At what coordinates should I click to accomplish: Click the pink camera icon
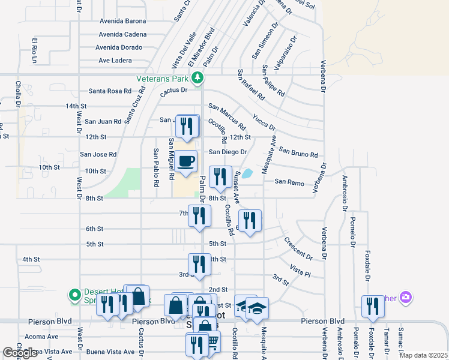point(406,297)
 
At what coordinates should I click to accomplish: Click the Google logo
point(19,353)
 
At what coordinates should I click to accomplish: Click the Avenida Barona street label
point(123,21)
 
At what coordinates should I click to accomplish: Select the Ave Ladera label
point(115,61)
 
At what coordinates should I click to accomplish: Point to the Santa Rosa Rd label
point(110,91)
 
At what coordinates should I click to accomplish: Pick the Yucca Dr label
point(264,122)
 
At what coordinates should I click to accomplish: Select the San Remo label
point(289,181)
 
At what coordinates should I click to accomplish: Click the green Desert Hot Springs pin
point(74,295)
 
